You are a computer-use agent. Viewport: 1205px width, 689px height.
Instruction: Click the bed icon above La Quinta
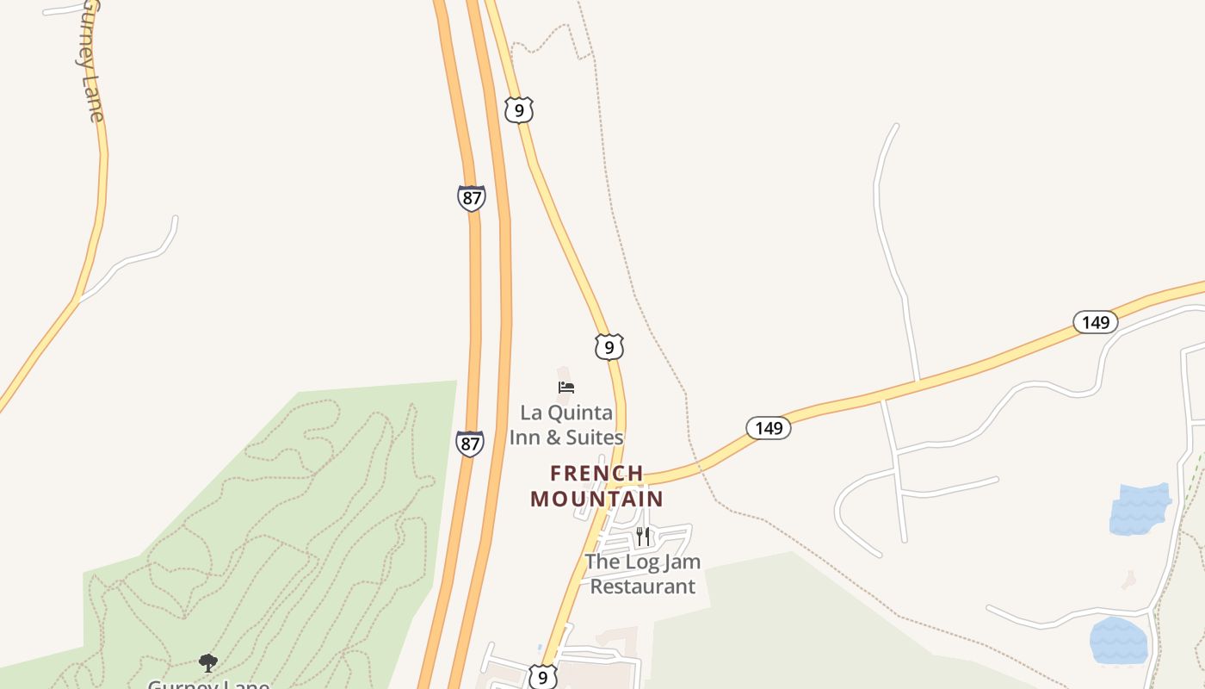click(566, 388)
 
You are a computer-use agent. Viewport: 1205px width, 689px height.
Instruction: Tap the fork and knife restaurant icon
click(643, 537)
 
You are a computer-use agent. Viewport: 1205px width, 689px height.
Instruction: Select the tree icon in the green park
click(207, 662)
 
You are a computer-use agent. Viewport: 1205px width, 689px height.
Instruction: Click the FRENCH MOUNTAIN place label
click(597, 486)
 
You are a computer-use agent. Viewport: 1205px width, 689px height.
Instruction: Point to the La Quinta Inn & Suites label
click(566, 425)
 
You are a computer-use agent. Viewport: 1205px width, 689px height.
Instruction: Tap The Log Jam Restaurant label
click(642, 574)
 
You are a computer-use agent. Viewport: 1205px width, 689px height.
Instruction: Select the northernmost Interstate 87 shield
click(471, 198)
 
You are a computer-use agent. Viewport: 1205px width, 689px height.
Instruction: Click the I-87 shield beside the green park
click(470, 444)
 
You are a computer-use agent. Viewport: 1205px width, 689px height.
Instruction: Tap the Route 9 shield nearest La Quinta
click(609, 347)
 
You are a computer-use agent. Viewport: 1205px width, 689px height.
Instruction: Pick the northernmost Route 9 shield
click(519, 110)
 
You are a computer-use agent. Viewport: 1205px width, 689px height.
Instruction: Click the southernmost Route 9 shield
click(542, 677)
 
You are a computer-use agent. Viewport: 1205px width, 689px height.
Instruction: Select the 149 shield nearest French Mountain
click(768, 428)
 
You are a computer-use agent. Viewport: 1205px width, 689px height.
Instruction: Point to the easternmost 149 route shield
click(1095, 323)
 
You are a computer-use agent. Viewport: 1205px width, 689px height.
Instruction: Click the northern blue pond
click(1140, 510)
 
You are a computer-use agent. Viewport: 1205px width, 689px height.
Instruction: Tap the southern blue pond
click(1119, 641)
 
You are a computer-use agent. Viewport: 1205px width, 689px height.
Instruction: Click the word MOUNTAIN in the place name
click(597, 499)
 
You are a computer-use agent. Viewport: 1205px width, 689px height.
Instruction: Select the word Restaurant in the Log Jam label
click(642, 587)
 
